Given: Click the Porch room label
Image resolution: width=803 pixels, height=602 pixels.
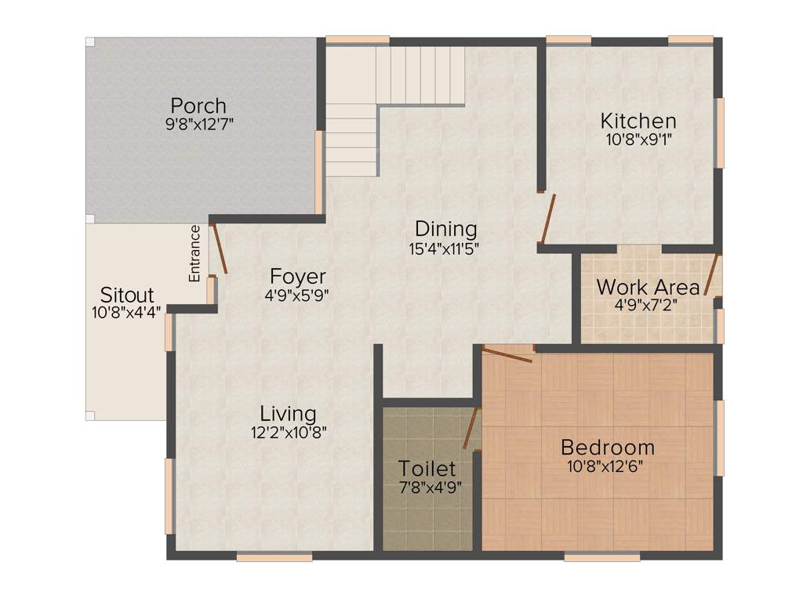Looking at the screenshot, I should click(198, 105).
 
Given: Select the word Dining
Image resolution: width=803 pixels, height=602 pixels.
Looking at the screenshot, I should click(445, 229).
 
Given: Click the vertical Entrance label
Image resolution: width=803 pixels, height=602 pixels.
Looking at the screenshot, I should click(194, 253).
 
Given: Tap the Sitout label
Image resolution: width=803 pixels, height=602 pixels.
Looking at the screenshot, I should click(127, 296).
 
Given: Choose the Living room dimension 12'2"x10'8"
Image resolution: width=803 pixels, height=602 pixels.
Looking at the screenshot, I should click(288, 431).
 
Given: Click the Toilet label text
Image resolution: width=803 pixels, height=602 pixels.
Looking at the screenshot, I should click(427, 469).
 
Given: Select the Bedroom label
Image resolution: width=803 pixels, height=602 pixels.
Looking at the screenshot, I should click(607, 448).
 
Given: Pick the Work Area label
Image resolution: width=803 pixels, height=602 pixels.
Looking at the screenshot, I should click(647, 286).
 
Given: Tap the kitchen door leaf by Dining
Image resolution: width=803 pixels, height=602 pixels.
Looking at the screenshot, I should click(548, 219).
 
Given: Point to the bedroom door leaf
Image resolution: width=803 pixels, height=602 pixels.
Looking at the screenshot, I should click(507, 354).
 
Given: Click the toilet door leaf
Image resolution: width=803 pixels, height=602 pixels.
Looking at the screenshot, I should click(471, 428).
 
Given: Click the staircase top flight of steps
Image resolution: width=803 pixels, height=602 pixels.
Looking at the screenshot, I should click(420, 74).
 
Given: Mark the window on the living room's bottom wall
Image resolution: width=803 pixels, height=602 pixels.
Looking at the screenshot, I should click(274, 557).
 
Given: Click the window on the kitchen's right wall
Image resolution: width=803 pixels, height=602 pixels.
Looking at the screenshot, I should click(719, 132).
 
